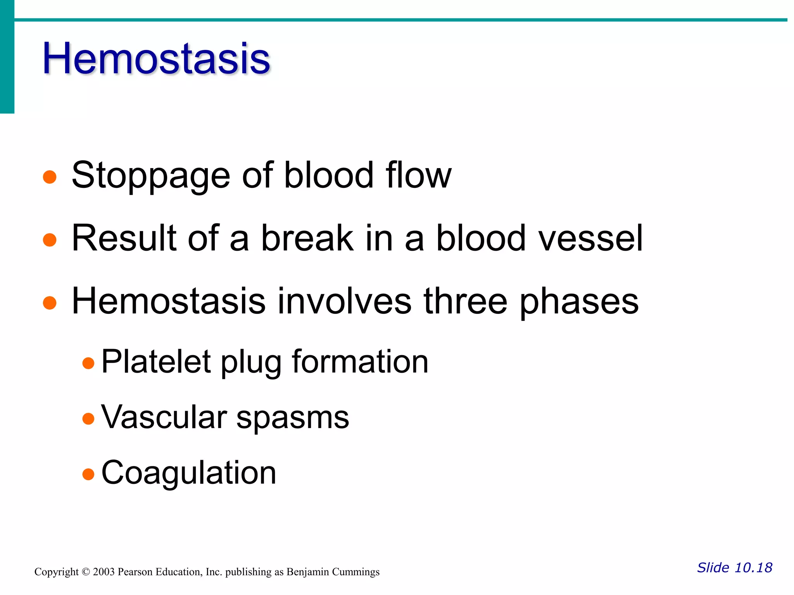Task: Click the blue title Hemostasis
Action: coord(156,59)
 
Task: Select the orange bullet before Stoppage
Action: coord(50,177)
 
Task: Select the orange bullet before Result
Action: coord(50,240)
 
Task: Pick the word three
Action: coord(465,301)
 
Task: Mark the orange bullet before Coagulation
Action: coord(88,474)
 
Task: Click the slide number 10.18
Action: coord(753,567)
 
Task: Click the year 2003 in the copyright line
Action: coord(104,572)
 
